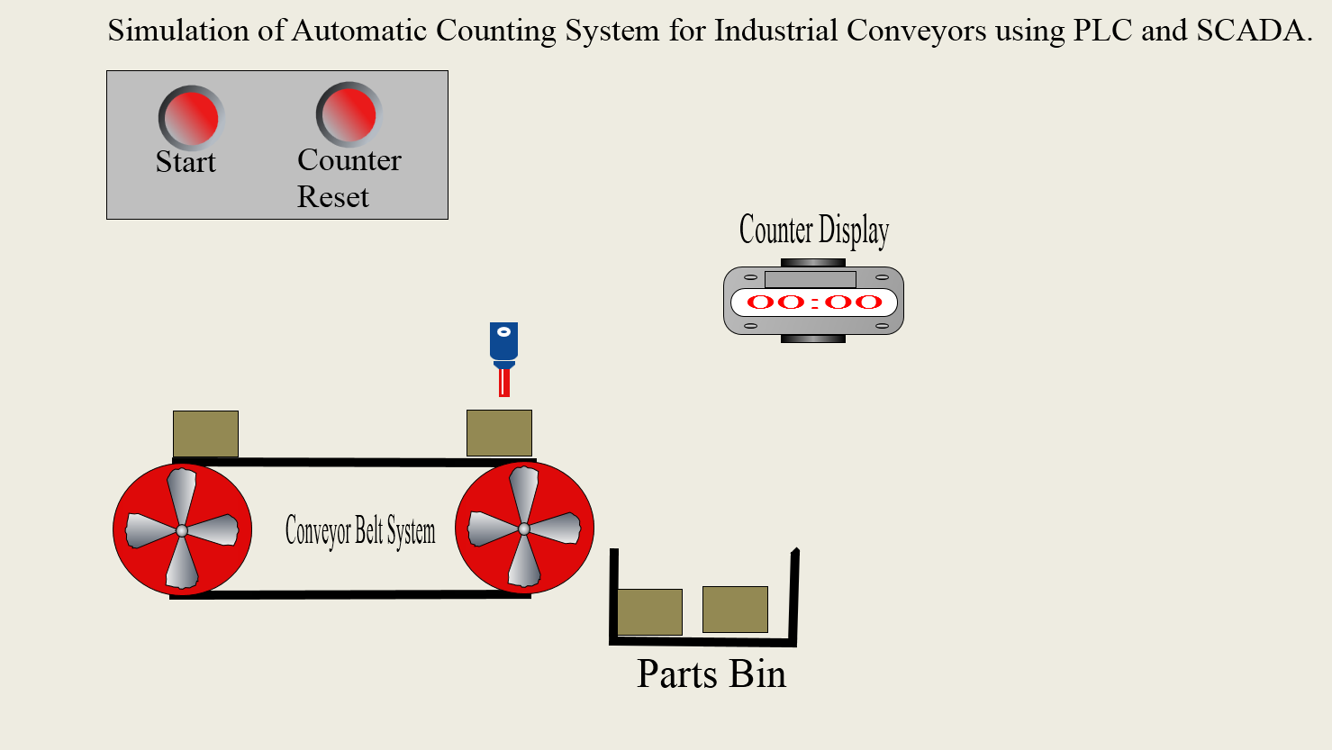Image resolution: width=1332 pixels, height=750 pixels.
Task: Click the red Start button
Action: click(190, 117)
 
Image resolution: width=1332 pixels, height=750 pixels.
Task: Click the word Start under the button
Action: click(186, 162)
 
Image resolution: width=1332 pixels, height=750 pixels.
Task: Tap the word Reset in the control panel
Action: click(332, 197)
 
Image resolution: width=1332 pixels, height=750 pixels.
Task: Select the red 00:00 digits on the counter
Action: click(813, 303)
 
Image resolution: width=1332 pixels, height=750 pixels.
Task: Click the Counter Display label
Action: click(813, 230)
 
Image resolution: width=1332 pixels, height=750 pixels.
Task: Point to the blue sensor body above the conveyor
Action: click(503, 341)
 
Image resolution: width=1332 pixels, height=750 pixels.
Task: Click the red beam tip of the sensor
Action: click(504, 384)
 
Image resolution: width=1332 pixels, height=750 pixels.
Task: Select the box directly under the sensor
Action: click(499, 433)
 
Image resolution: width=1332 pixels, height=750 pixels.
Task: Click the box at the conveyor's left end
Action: click(205, 434)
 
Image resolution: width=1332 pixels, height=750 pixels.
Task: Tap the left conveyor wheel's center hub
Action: click(182, 530)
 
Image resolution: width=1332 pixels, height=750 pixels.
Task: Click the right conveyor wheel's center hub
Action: click(524, 529)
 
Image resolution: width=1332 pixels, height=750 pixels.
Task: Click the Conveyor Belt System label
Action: click(359, 531)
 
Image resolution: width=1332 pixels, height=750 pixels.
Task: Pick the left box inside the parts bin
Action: click(649, 612)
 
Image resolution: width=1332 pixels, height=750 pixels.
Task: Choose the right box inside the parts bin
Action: click(735, 610)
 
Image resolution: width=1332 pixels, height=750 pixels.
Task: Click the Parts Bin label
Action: click(711, 674)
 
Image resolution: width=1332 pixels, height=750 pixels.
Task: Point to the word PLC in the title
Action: click(1102, 31)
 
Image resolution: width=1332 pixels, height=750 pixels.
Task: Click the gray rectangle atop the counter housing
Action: click(810, 279)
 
